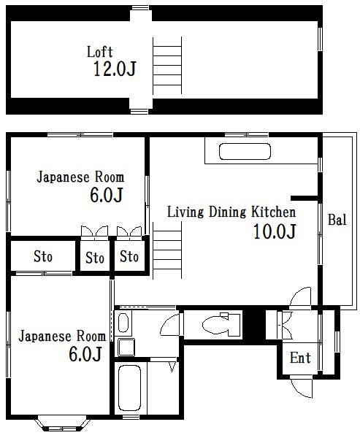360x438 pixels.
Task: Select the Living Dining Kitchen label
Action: [x=231, y=212]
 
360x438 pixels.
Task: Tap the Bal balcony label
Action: [x=337, y=220]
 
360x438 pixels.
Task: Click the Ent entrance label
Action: [x=300, y=358]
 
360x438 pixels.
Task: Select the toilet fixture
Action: [x=220, y=323]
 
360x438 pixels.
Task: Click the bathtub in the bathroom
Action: [x=130, y=388]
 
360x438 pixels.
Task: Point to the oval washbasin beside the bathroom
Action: [x=123, y=323]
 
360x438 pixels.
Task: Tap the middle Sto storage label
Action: [x=95, y=258]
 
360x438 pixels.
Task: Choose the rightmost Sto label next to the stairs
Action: [x=130, y=257]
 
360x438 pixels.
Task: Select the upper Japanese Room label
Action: [x=80, y=177]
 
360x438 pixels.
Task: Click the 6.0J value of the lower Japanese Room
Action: [x=85, y=355]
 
